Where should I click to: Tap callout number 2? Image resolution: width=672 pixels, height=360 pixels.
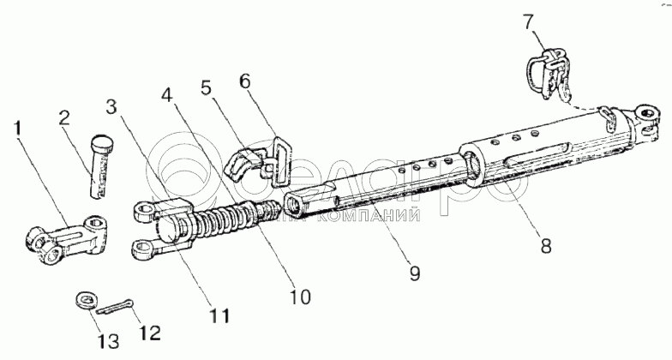tap(63, 117)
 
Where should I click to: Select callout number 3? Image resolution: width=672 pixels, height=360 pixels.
tap(111, 107)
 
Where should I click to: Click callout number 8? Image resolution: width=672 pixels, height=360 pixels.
tap(546, 244)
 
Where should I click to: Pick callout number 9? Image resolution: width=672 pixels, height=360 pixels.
tap(415, 275)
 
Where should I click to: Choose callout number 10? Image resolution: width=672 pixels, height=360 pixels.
tap(300, 297)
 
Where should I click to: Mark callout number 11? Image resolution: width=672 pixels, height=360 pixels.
tap(220, 315)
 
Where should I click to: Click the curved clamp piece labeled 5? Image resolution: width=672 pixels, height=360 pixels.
tap(241, 162)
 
